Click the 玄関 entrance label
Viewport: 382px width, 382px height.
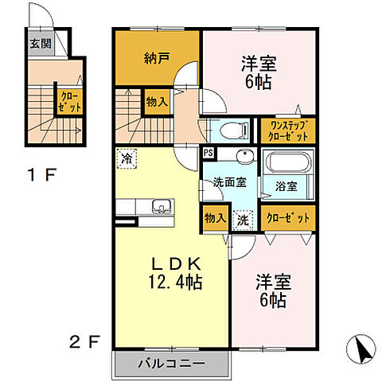(41, 44)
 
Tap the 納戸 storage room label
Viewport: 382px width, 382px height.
(157, 58)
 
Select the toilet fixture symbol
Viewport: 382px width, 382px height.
(235, 131)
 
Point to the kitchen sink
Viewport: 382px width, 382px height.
(161, 206)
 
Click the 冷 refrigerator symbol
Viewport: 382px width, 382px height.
(127, 159)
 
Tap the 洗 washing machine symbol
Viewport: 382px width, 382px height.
(243, 220)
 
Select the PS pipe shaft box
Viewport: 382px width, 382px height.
(209, 153)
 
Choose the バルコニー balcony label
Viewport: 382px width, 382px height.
(171, 363)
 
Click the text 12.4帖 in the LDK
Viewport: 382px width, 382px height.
(175, 282)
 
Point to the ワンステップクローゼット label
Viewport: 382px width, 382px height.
(288, 131)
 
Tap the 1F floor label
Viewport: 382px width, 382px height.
(42, 175)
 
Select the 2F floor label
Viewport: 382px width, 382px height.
(85, 341)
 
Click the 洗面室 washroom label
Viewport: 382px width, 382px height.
(230, 182)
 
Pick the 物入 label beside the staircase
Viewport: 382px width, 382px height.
(157, 102)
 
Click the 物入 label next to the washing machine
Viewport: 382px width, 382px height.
(215, 218)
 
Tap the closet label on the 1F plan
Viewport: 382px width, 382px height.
(69, 102)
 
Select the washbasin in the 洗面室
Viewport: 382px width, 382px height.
(245, 154)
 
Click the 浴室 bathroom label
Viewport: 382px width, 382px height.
(286, 186)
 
